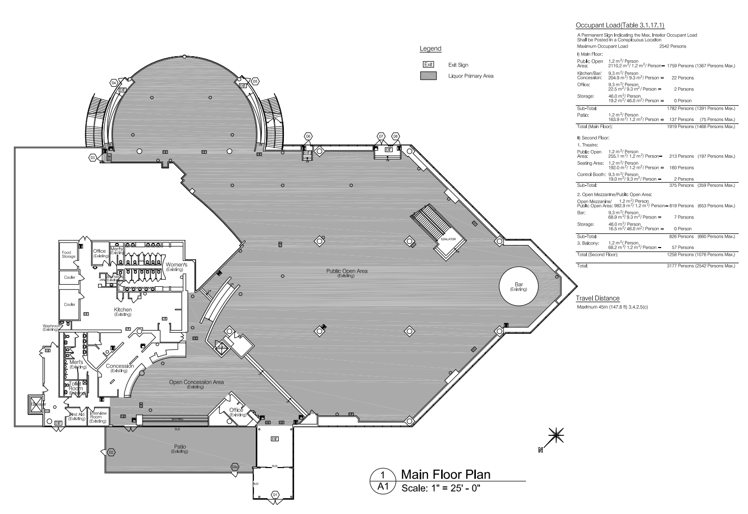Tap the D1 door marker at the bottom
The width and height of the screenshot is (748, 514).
tap(275, 495)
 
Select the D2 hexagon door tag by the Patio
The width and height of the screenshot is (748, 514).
tap(111, 452)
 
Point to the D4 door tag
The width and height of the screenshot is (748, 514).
tap(114, 82)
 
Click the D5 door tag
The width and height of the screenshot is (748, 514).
tap(255, 81)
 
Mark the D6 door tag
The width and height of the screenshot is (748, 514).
tap(308, 136)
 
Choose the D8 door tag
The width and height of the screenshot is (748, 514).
tap(395, 136)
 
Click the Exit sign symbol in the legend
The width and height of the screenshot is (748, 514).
tap(428, 65)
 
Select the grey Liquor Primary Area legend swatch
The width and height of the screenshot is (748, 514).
tap(428, 76)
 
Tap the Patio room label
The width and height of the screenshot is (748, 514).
tap(179, 449)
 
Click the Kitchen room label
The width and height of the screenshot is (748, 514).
tap(123, 311)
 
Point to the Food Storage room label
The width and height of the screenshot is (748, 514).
tap(68, 254)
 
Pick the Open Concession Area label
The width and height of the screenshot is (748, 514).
tap(196, 384)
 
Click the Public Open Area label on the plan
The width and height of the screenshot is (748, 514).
tap(347, 273)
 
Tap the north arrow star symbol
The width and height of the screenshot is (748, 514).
tap(556, 434)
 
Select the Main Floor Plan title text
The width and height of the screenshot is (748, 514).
tap(445, 475)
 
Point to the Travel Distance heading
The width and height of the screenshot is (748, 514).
tap(597, 299)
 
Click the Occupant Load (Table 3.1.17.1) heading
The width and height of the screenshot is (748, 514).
tap(620, 26)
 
